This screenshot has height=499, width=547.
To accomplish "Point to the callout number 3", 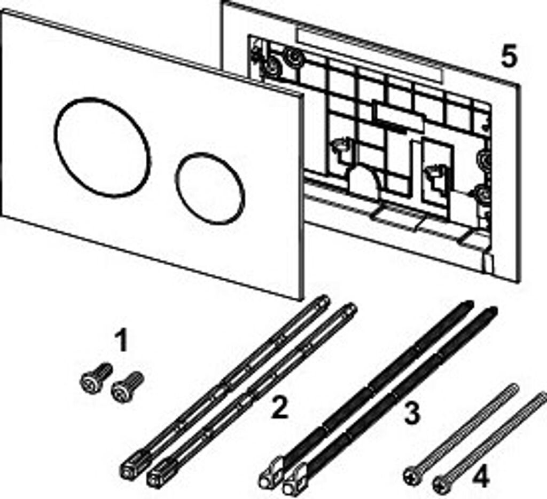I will pos(411,413).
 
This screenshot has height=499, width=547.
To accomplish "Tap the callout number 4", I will pos(481,477).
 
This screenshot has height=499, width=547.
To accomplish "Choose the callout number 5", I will pos(509,56).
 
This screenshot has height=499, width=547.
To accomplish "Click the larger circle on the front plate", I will pos(102,147).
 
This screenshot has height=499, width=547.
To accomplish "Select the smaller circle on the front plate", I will pos(210,188).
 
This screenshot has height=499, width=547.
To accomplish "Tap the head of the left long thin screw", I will pos(413,474).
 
